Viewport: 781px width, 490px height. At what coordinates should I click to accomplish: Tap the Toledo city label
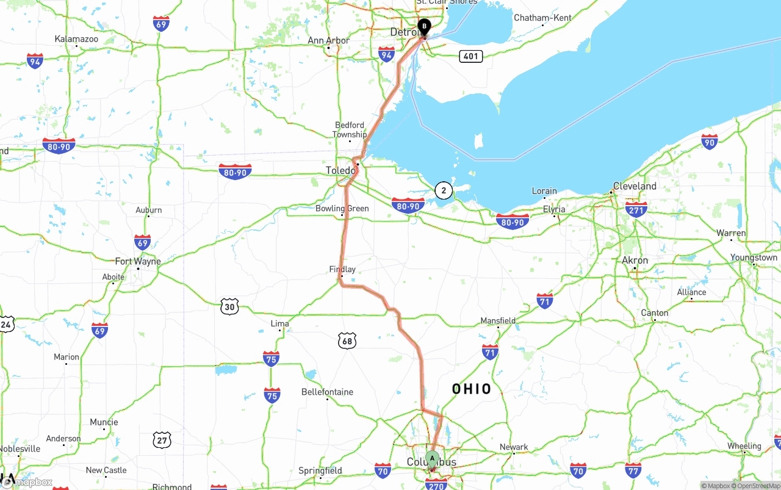pyautogui.click(x=340, y=170)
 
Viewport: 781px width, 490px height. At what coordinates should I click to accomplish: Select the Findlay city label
pyautogui.click(x=342, y=269)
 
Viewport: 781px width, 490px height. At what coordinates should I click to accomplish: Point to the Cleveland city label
pyautogui.click(x=635, y=186)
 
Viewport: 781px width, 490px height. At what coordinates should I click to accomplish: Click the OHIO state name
pyautogui.click(x=472, y=389)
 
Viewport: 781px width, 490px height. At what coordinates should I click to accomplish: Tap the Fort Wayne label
pyautogui.click(x=138, y=261)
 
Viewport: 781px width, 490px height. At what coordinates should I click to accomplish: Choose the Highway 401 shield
pyautogui.click(x=470, y=56)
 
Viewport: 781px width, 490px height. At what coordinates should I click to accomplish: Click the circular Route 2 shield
pyautogui.click(x=444, y=190)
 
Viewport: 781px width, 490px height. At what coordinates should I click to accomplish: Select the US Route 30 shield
pyautogui.click(x=229, y=306)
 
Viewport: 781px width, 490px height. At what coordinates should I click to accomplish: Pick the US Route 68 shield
pyautogui.click(x=347, y=341)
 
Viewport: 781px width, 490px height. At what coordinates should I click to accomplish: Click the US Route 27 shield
pyautogui.click(x=162, y=439)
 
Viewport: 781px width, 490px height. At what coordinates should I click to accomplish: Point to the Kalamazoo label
pyautogui.click(x=76, y=39)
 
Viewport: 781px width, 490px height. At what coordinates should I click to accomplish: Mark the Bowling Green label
pyautogui.click(x=342, y=209)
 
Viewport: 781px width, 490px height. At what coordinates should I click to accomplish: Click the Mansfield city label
pyautogui.click(x=498, y=320)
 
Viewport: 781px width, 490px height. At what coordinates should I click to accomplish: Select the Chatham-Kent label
pyautogui.click(x=542, y=18)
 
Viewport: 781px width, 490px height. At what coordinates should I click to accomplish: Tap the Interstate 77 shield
pyautogui.click(x=633, y=470)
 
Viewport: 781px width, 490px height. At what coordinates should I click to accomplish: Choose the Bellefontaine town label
pyautogui.click(x=327, y=392)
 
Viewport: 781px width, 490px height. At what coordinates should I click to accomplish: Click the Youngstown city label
pyautogui.click(x=754, y=258)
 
